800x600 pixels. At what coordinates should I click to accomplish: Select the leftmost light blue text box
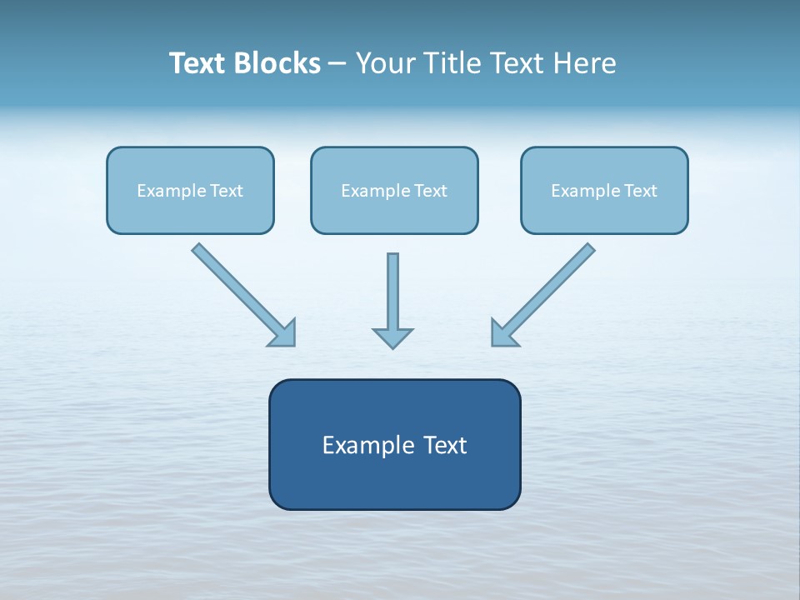[190, 190]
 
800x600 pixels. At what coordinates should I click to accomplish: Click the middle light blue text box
[394, 190]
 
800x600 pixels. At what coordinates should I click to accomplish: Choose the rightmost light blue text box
[604, 190]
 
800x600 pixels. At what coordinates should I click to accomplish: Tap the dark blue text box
[394, 444]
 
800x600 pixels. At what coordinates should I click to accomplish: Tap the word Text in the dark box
[445, 445]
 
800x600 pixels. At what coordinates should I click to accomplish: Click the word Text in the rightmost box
[640, 191]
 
